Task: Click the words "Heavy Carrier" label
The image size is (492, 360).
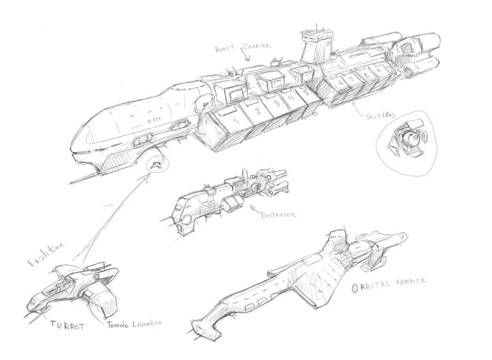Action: pos(242,48)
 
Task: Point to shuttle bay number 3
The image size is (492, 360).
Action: pos(278,103)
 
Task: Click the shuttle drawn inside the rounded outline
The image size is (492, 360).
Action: pos(408,139)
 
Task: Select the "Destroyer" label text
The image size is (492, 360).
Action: pos(279,214)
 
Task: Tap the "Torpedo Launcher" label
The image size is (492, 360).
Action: pos(134,324)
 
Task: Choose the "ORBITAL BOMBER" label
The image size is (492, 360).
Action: pos(389,284)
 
